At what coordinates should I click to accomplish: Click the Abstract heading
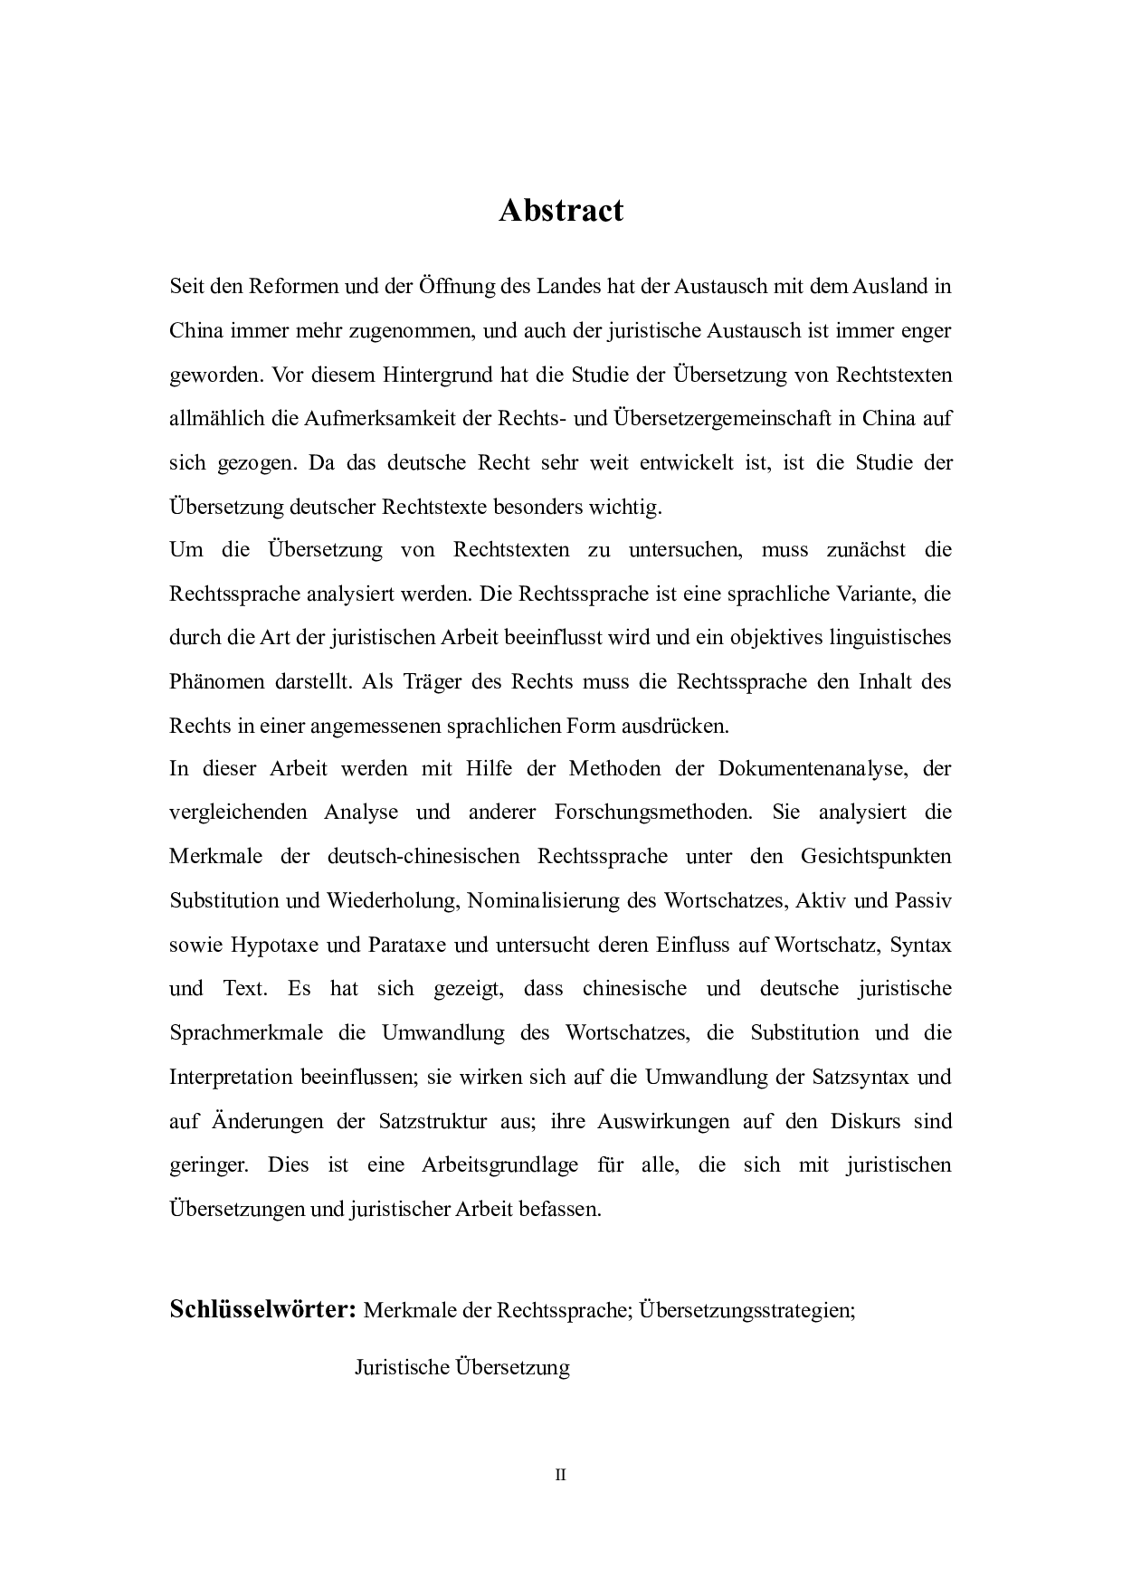pos(561,211)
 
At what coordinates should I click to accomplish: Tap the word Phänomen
pos(217,681)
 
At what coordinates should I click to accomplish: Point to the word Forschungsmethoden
pos(652,812)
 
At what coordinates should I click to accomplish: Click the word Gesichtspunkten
pos(875,856)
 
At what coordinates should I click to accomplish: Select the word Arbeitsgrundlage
pos(499,1164)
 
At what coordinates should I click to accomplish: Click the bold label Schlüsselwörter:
pos(262,1309)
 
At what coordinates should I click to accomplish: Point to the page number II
pos(560,1475)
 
